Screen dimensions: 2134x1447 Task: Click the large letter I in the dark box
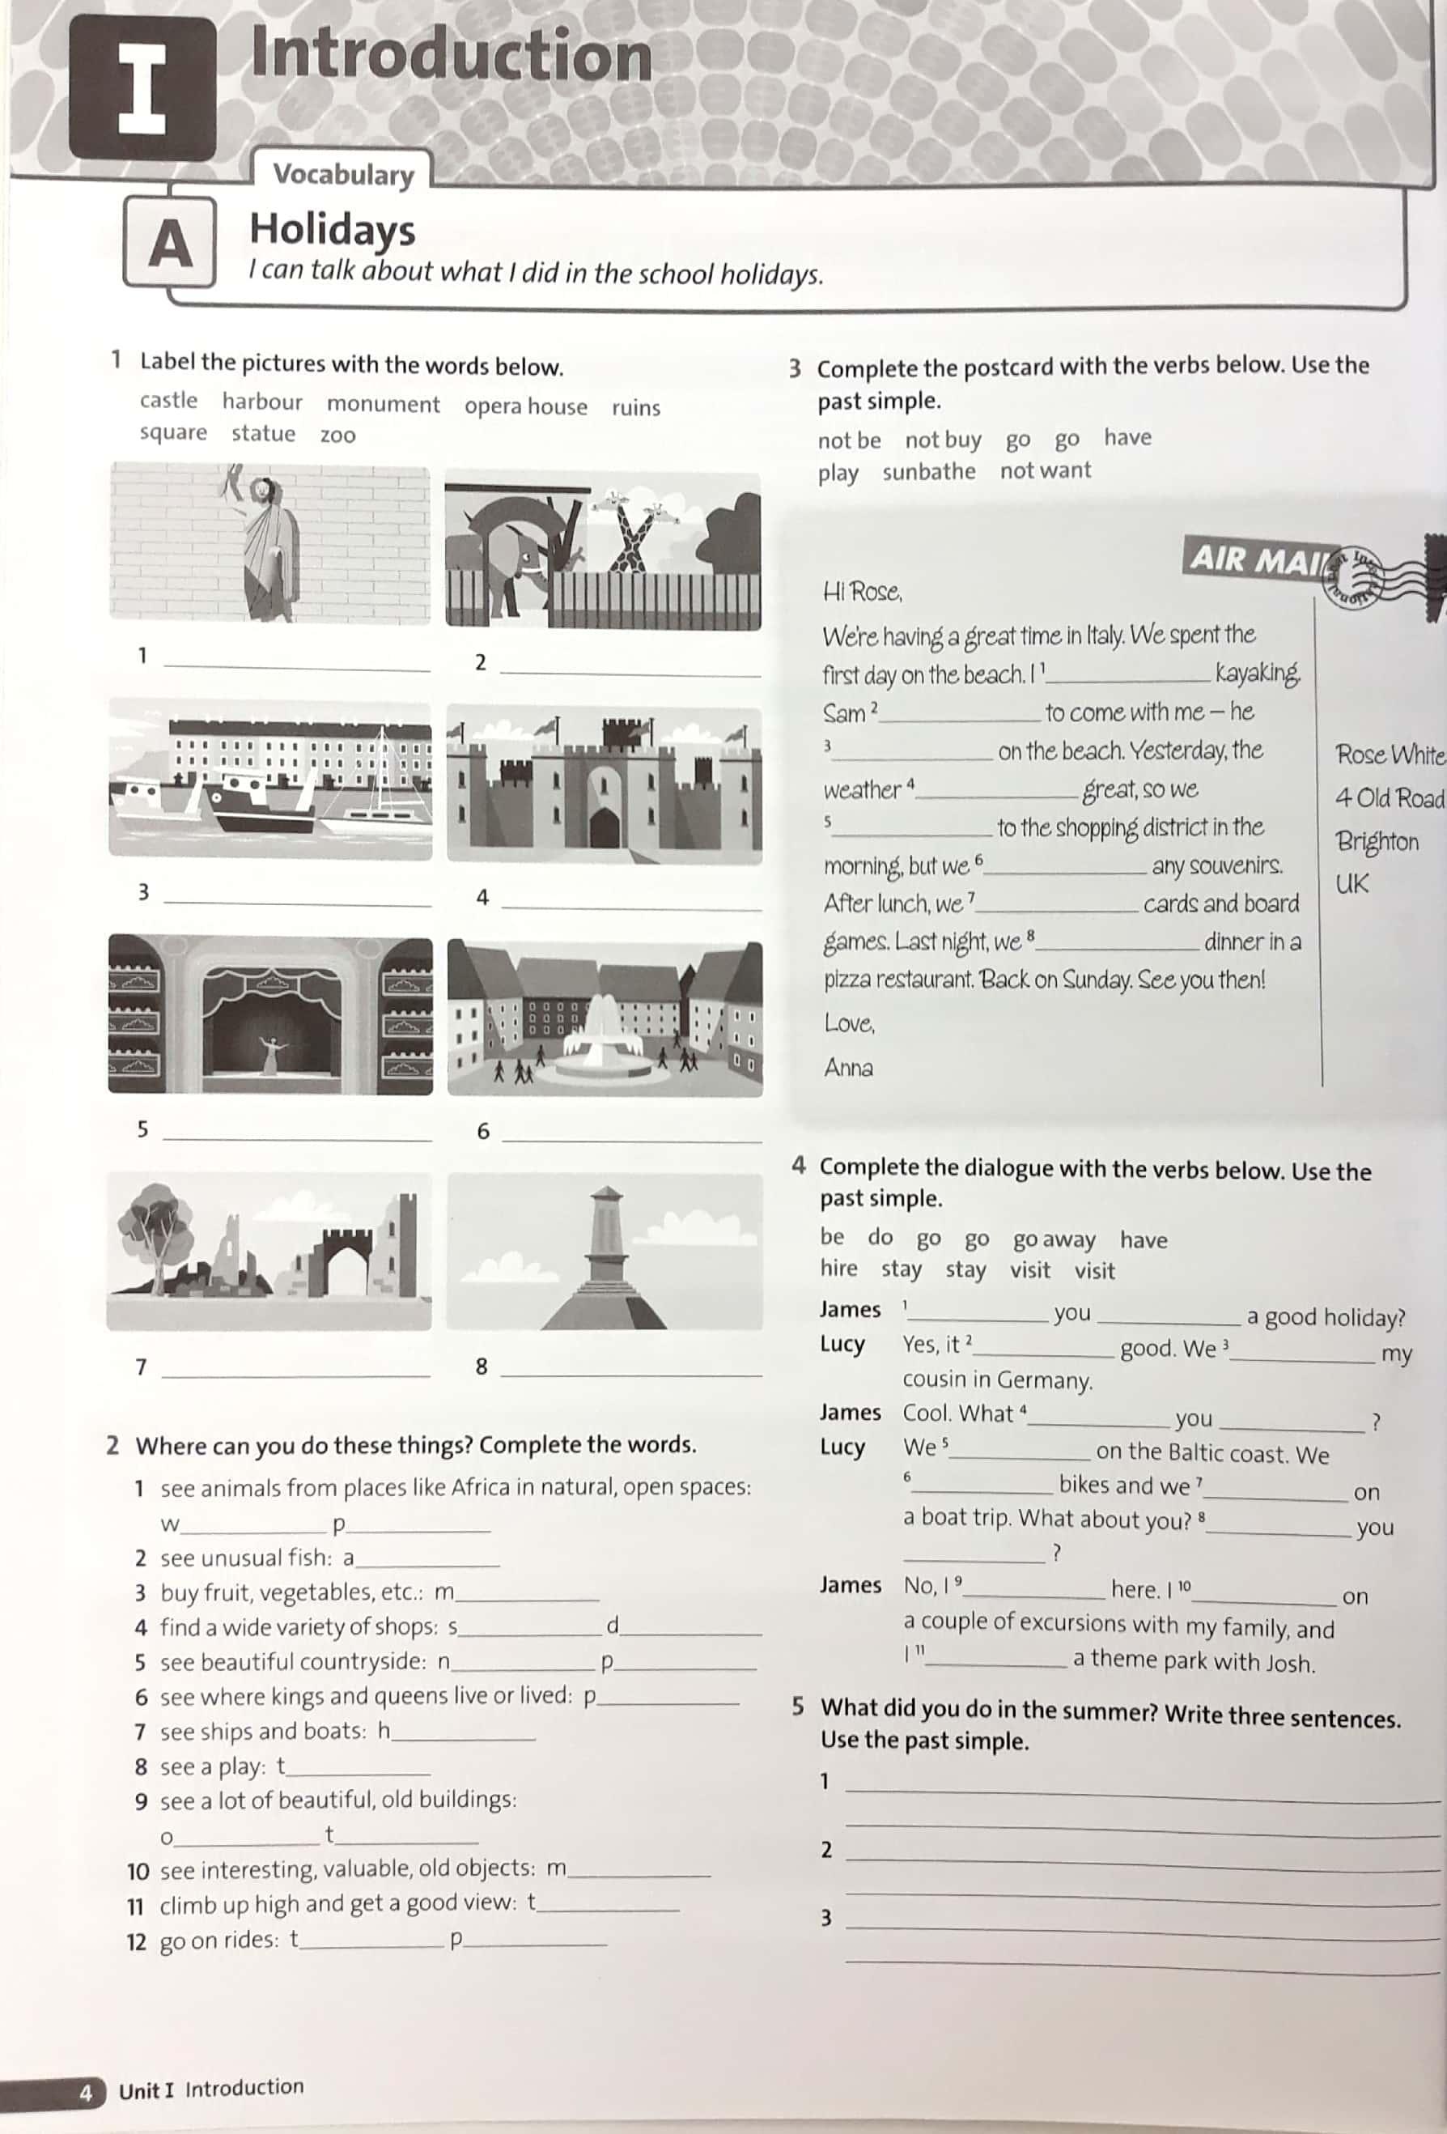(x=142, y=88)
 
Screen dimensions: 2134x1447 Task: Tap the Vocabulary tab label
(x=343, y=173)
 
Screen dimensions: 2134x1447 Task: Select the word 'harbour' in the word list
(x=261, y=402)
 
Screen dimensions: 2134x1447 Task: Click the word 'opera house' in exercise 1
(x=525, y=406)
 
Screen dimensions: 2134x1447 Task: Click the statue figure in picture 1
(x=268, y=542)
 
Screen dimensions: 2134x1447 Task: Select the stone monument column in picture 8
(x=606, y=1239)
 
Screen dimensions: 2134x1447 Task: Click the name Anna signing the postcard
(x=847, y=1067)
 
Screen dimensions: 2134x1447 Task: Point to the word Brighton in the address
(x=1377, y=841)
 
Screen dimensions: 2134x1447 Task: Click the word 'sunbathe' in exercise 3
(x=928, y=472)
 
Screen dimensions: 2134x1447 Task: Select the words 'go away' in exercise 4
(x=1053, y=1239)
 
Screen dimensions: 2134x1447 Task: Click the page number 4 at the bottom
(x=87, y=2093)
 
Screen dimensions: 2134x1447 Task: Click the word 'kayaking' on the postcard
(x=1257, y=673)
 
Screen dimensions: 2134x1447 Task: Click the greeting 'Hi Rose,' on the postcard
(x=862, y=593)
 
